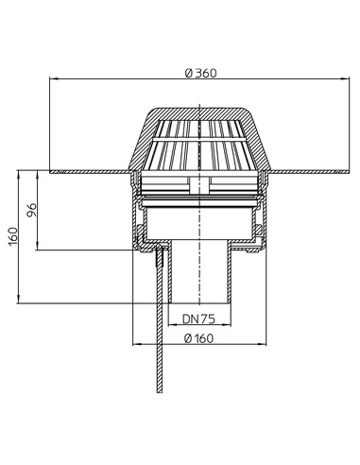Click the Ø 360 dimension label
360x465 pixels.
tap(200, 73)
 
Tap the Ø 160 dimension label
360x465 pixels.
tap(198, 338)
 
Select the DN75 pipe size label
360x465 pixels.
tap(198, 319)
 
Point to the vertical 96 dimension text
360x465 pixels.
tap(31, 210)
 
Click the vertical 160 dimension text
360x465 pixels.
tap(13, 236)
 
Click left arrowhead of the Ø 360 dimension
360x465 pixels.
tap(53, 78)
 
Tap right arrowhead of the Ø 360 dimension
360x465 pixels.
tap(346, 78)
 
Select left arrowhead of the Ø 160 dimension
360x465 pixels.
tap(137, 344)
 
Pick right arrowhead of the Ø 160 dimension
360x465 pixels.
tap(263, 344)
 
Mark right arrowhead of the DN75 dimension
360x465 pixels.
tap(227, 324)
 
